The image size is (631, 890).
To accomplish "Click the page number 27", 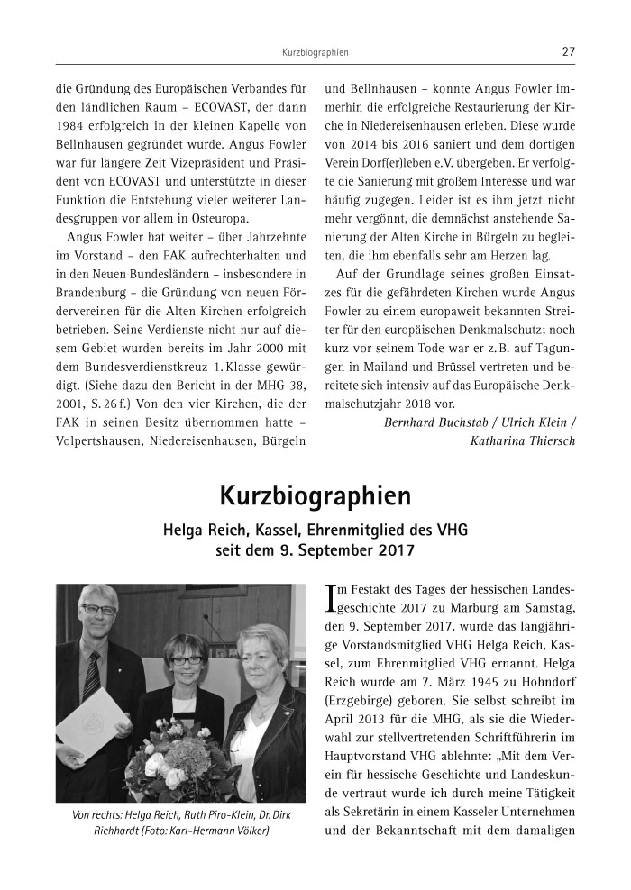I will click(x=568, y=52).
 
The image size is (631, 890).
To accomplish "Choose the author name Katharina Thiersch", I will click(x=521, y=441).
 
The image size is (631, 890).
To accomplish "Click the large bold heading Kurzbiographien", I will click(x=315, y=495).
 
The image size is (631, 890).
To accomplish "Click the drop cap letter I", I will click(x=331, y=599).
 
